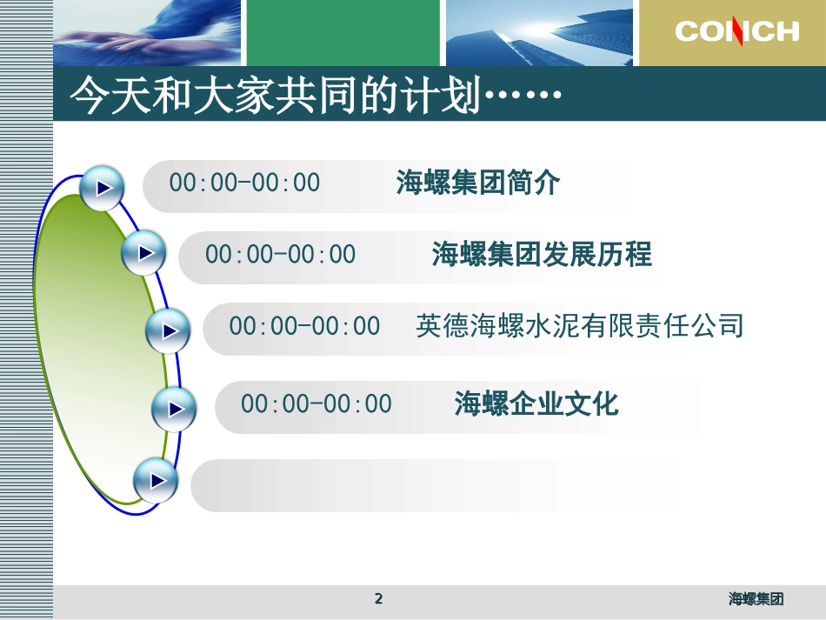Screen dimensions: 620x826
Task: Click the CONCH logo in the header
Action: coord(736,32)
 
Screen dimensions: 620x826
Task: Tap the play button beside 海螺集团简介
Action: coord(103,187)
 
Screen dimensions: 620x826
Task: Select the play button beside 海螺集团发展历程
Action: coord(143,253)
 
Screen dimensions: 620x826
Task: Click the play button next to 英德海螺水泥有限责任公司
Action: coord(167,330)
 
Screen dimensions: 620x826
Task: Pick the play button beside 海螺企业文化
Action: coord(174,408)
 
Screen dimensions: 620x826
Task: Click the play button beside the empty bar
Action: coord(156,479)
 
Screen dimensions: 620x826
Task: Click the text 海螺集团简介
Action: coord(478,183)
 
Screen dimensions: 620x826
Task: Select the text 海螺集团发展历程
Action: coord(542,255)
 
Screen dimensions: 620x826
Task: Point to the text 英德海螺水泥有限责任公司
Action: coord(580,326)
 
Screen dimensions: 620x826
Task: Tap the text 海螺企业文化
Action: coord(536,404)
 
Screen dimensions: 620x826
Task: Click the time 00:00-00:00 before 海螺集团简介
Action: coord(244,183)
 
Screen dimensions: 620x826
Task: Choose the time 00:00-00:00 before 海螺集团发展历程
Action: coord(280,255)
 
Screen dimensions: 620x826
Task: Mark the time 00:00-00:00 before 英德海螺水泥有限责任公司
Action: coord(304,326)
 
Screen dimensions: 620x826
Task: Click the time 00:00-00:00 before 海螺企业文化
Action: coord(316,404)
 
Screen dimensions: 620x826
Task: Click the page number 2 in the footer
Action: coord(378,598)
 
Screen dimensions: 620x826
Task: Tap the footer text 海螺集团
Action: coord(756,599)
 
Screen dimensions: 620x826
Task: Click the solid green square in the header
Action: coord(343,32)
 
